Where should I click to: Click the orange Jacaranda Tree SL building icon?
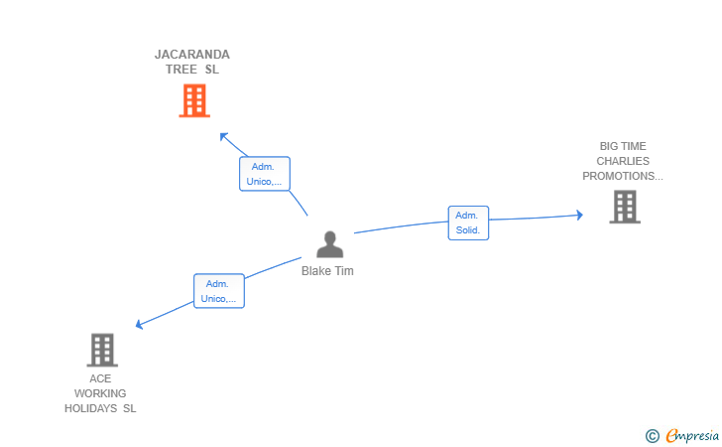(x=194, y=100)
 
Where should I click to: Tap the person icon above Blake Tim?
(x=329, y=244)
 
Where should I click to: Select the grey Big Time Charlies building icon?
(x=625, y=207)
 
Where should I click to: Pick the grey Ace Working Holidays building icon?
(x=102, y=350)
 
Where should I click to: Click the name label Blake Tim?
(x=327, y=271)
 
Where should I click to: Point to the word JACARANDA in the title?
(x=192, y=55)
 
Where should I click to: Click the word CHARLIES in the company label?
(x=623, y=161)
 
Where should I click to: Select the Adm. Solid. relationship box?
(x=468, y=223)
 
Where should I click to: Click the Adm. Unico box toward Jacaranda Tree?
(x=264, y=174)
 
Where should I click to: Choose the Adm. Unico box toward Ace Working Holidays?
(x=218, y=291)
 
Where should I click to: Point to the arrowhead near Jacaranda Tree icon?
(x=223, y=135)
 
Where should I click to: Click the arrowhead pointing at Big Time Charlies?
(x=579, y=215)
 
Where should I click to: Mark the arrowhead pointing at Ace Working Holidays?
(x=139, y=324)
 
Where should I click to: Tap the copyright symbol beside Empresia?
(x=653, y=435)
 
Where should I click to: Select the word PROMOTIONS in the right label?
(x=622, y=176)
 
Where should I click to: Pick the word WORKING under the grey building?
(x=100, y=393)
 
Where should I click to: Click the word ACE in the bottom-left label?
(x=100, y=378)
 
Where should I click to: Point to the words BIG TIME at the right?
(x=623, y=146)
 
